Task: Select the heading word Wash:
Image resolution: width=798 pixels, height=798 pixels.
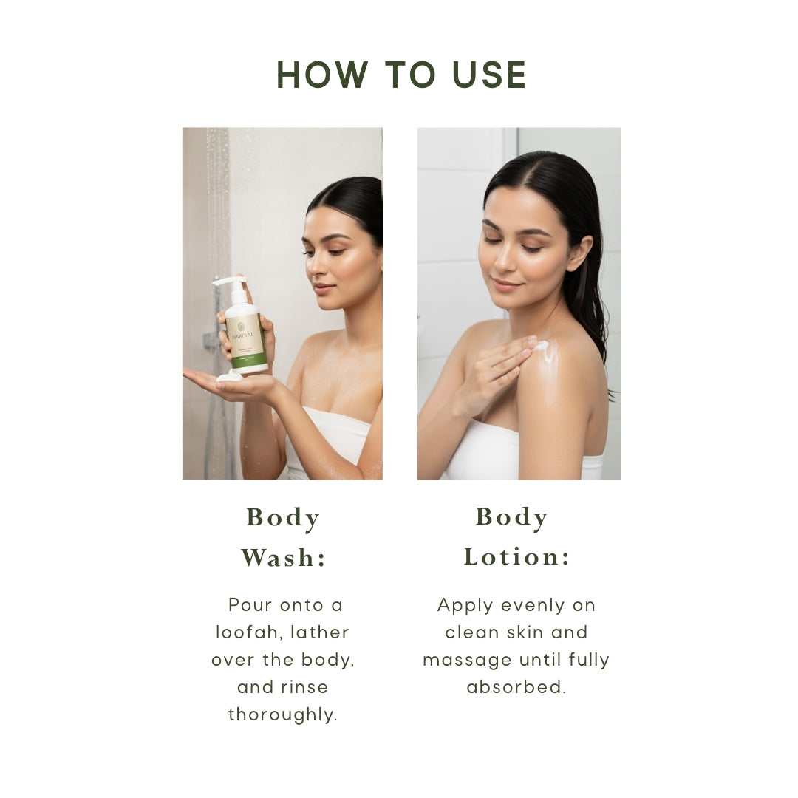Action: pyautogui.click(x=283, y=558)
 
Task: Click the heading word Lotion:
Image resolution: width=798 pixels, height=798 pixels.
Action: pyautogui.click(x=517, y=556)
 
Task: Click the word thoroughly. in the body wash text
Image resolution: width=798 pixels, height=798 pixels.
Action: pyautogui.click(x=283, y=715)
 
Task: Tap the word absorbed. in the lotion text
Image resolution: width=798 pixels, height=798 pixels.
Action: pyautogui.click(x=516, y=687)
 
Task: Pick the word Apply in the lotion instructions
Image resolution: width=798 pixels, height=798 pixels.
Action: pyautogui.click(x=465, y=606)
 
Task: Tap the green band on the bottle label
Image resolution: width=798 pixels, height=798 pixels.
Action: pyautogui.click(x=248, y=361)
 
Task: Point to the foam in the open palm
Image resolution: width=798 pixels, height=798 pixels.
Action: pyautogui.click(x=228, y=377)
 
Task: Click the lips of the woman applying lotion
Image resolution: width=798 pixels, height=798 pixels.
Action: pyautogui.click(x=505, y=284)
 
